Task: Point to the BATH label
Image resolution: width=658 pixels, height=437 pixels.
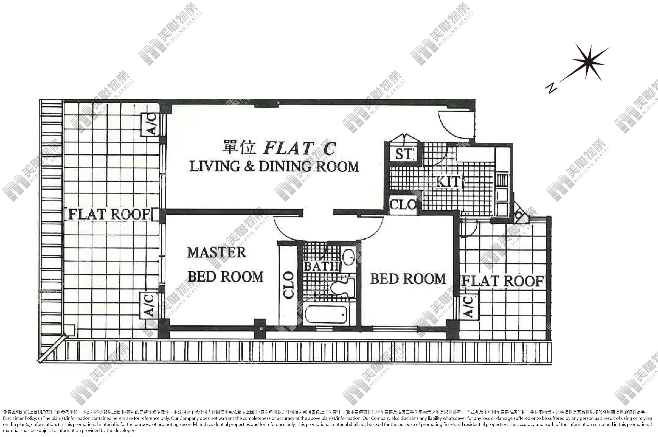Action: (321, 266)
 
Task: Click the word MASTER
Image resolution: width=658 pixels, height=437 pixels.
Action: (217, 253)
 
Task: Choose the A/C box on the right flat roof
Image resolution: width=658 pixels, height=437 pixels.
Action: (469, 307)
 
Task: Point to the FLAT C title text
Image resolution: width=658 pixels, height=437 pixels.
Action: (299, 148)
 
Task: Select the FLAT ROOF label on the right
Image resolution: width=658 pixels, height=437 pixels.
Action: (503, 281)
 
